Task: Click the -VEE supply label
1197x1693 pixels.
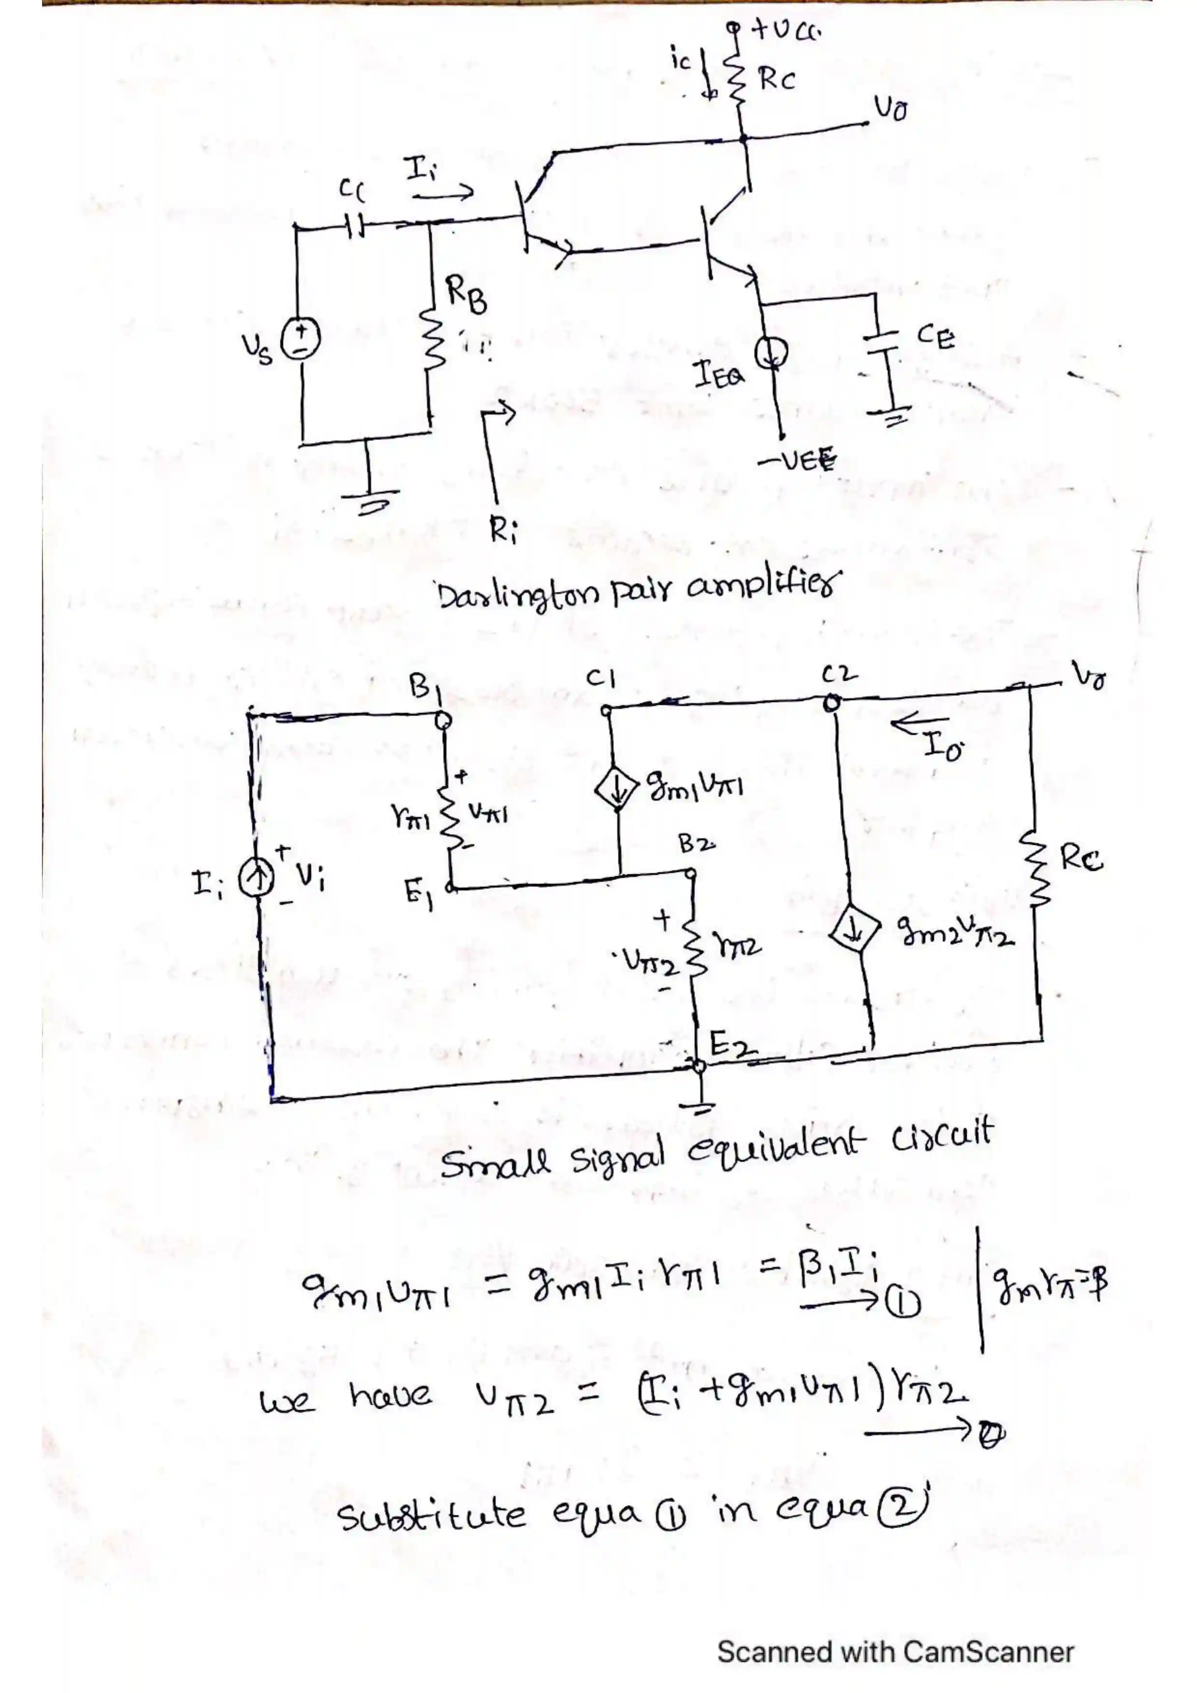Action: (796, 462)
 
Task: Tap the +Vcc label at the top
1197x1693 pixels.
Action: (785, 31)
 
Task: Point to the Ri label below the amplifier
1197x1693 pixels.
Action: (504, 530)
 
